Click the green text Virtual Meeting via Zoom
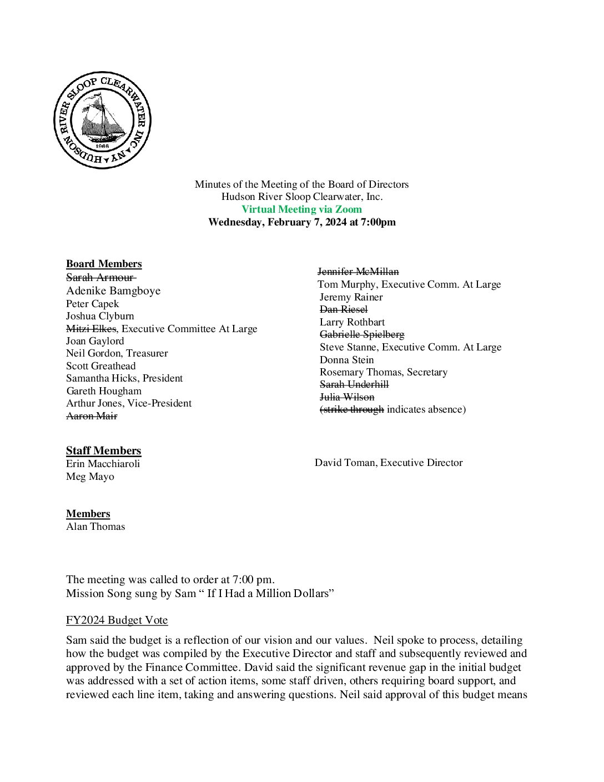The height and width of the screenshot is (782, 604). (301, 209)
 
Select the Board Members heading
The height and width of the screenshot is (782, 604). (104, 264)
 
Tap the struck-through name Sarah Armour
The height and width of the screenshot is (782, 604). (100, 277)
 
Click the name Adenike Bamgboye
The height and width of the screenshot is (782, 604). (113, 290)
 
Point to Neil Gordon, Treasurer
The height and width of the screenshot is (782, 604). (117, 353)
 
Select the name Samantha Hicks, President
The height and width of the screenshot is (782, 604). (124, 378)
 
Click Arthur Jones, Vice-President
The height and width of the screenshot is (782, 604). (129, 403)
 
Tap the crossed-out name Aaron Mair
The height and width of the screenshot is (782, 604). (92, 416)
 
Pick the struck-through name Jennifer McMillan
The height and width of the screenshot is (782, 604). (358, 272)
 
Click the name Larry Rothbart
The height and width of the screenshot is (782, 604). (352, 322)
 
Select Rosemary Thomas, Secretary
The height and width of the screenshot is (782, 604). (384, 372)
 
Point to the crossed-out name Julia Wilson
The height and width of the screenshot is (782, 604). (347, 397)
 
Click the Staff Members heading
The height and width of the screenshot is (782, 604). (104, 450)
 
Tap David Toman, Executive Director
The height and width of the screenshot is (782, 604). (389, 463)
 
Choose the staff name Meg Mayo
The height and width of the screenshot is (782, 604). (90, 477)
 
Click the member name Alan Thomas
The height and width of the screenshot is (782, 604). (95, 527)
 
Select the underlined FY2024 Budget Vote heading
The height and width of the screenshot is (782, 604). (117, 620)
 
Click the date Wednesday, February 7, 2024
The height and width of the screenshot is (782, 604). (278, 222)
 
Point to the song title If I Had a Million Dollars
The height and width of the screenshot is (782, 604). (268, 593)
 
